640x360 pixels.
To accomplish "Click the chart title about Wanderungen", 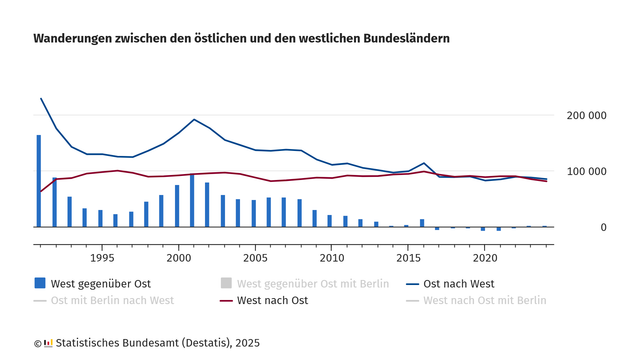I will pyautogui.click(x=241, y=38).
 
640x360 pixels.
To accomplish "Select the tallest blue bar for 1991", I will pyautogui.click(x=39, y=181).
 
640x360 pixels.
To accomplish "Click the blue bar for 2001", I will pyautogui.click(x=192, y=201).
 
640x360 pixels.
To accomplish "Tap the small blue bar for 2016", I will pyautogui.click(x=422, y=223).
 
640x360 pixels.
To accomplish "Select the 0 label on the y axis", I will pyautogui.click(x=603, y=227).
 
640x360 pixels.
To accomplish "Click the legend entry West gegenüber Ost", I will pyautogui.click(x=100, y=283).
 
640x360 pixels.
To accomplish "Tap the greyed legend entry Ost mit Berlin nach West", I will pyautogui.click(x=111, y=300).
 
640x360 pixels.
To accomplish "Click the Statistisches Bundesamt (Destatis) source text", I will pyautogui.click(x=150, y=343).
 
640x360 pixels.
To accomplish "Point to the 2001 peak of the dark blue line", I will pyautogui.click(x=193, y=119).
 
